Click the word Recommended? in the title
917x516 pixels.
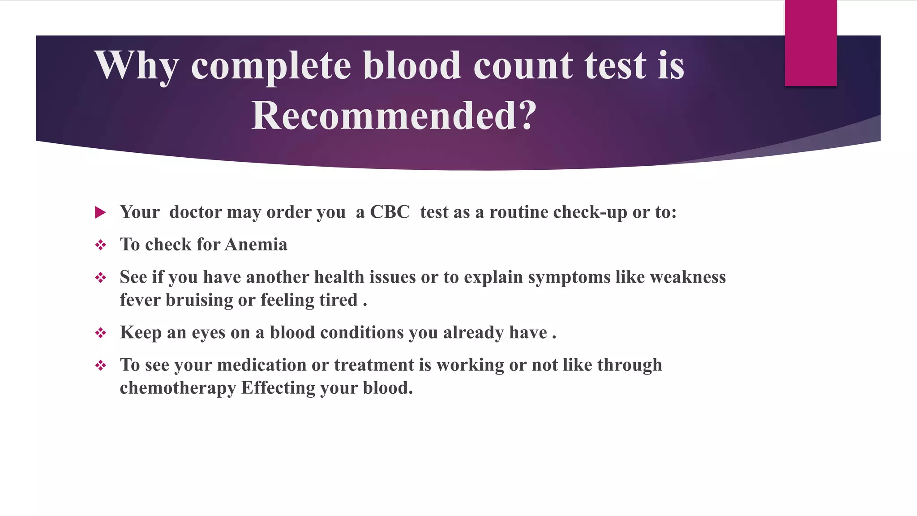[x=394, y=116]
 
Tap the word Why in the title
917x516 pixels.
[x=136, y=65]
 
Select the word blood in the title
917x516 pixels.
[x=411, y=65]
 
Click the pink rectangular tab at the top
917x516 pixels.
[x=810, y=43]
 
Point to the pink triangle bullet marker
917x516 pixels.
[x=100, y=212]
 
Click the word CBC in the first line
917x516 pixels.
[x=390, y=212]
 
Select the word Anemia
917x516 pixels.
[x=256, y=245]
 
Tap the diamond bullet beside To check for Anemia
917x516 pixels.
[x=100, y=245]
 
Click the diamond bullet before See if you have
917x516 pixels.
[x=100, y=278]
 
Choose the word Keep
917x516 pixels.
[x=141, y=332]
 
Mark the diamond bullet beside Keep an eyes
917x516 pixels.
[x=100, y=333]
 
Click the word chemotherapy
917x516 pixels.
[x=178, y=388]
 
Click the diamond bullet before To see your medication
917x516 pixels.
[x=100, y=365]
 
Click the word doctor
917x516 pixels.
[x=195, y=212]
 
